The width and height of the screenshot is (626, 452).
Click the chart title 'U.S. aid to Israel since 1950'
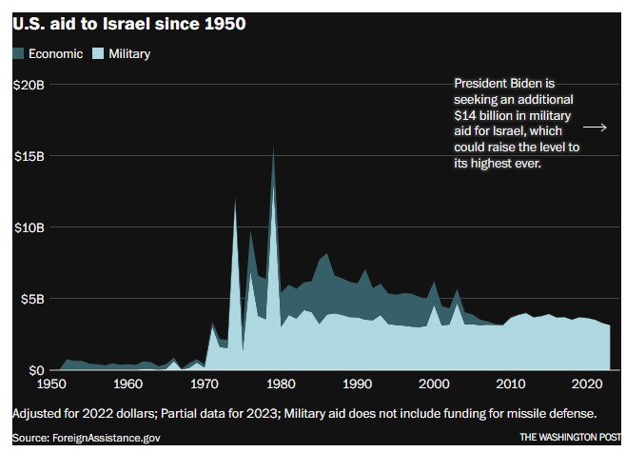(x=129, y=24)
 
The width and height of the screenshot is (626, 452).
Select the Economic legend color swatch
(x=19, y=54)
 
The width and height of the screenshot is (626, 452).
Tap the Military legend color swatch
(x=98, y=54)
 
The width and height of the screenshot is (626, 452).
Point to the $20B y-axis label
(x=29, y=86)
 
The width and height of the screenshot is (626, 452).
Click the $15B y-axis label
(x=29, y=156)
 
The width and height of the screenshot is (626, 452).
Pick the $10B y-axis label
(x=29, y=227)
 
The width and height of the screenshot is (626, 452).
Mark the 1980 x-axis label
(x=279, y=385)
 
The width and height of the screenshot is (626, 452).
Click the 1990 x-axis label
(x=357, y=385)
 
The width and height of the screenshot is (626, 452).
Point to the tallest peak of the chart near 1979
(x=274, y=148)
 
